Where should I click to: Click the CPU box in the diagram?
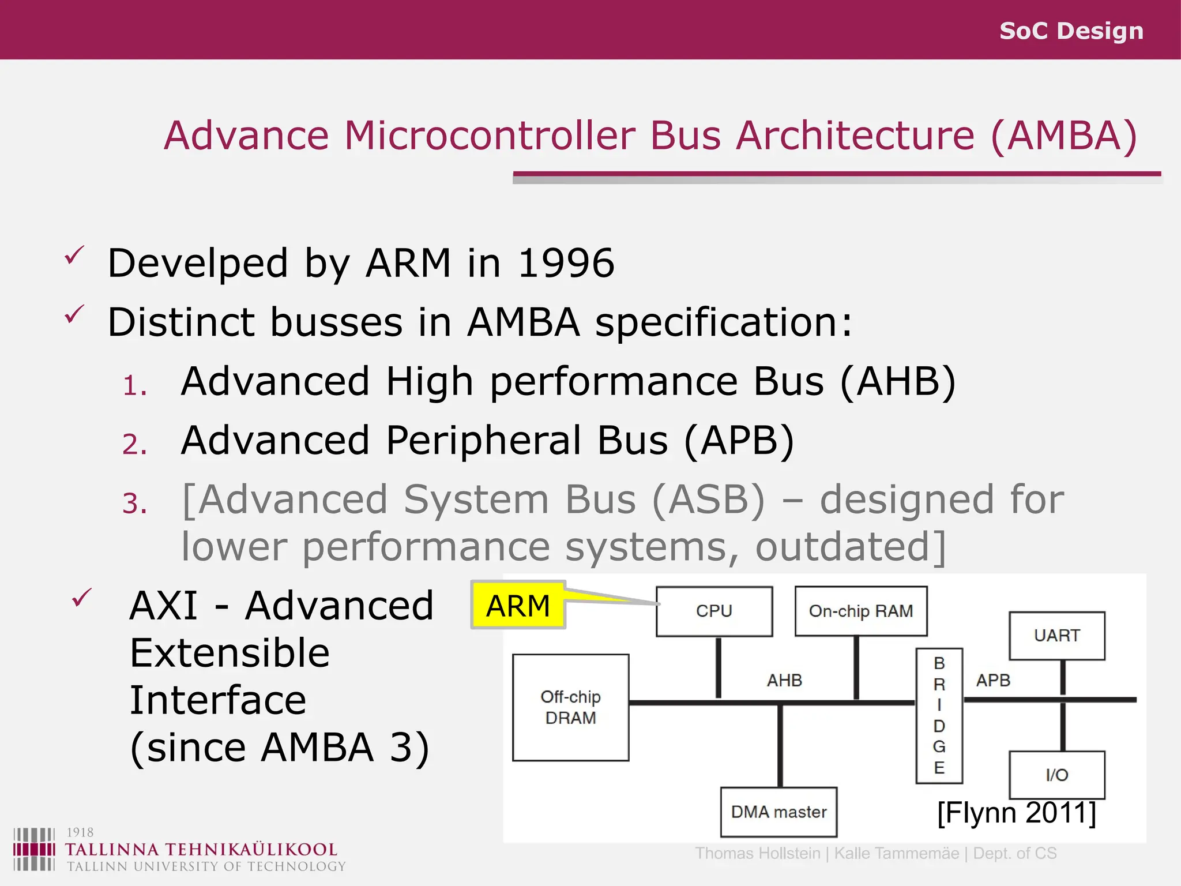(x=714, y=611)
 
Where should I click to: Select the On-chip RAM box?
(x=860, y=611)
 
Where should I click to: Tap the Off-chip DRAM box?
(x=570, y=707)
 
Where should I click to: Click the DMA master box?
(x=778, y=812)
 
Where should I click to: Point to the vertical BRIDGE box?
(x=939, y=715)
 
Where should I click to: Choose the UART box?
(x=1056, y=636)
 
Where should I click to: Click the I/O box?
(x=1056, y=775)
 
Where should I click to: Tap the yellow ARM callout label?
(x=518, y=606)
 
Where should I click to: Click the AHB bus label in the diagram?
(x=784, y=681)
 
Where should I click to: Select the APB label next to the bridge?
(x=993, y=681)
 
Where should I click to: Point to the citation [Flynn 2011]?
(x=1016, y=813)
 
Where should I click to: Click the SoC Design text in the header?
(x=1071, y=31)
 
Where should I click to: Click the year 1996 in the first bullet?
(x=566, y=264)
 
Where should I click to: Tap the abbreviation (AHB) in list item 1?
(x=898, y=382)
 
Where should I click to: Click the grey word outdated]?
(x=851, y=547)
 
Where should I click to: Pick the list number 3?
(x=134, y=504)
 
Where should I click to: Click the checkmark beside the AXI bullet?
(x=82, y=598)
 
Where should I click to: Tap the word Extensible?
(x=230, y=654)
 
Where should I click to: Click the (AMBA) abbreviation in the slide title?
(x=1064, y=136)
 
